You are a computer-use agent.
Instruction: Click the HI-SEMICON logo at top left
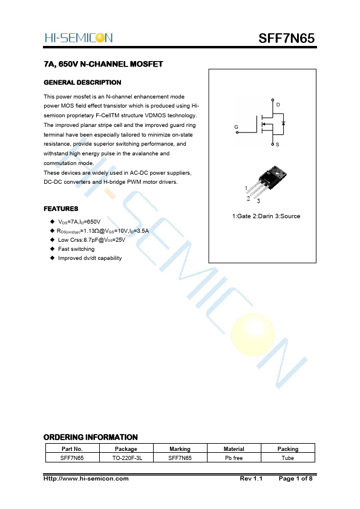[78, 38]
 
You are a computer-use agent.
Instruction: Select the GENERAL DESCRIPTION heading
[82, 82]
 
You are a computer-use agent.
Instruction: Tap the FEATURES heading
[61, 209]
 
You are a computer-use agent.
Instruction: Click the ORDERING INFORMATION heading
[91, 437]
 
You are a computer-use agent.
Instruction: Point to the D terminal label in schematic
[278, 105]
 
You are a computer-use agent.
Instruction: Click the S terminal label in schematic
[278, 145]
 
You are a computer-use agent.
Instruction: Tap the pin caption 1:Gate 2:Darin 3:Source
[266, 216]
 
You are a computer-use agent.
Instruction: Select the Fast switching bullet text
[76, 249]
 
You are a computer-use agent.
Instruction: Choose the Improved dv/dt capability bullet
[90, 258]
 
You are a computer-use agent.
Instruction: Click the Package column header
[126, 449]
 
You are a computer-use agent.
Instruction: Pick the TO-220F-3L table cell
[126, 458]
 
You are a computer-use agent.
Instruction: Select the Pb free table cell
[234, 458]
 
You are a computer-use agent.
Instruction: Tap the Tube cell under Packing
[287, 458]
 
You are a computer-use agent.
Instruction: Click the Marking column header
[180, 449]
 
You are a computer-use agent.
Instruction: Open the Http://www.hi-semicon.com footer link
[86, 479]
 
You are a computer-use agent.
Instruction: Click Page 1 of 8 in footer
[295, 479]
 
